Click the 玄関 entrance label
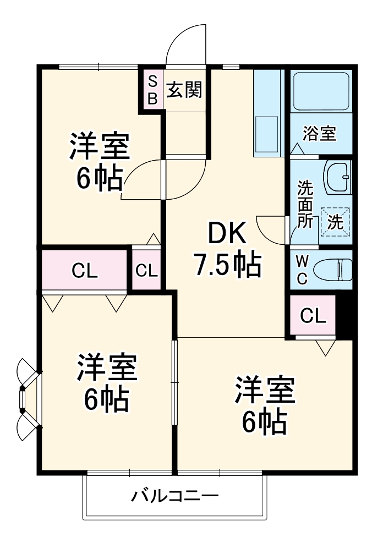[x=184, y=89]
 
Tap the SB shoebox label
[x=152, y=90]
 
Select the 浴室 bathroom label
[x=320, y=134]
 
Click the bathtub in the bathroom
[x=321, y=91]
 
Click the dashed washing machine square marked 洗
[x=335, y=222]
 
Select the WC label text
[x=302, y=269]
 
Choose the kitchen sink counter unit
[x=267, y=113]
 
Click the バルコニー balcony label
[x=174, y=496]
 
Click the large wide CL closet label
[x=85, y=270]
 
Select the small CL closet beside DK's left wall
[x=146, y=270]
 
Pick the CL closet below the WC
[x=313, y=316]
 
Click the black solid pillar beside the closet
[x=344, y=315]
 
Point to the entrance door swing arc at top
[x=187, y=44]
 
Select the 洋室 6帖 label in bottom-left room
[x=107, y=383]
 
